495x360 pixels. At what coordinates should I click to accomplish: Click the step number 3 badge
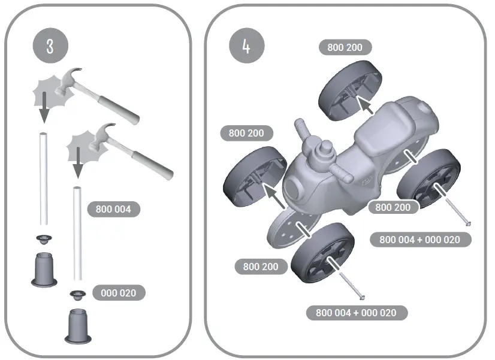click(50, 47)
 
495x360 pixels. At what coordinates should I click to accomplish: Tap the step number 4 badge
click(246, 47)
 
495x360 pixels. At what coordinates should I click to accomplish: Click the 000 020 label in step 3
click(118, 293)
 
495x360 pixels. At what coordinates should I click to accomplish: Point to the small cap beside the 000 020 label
click(77, 294)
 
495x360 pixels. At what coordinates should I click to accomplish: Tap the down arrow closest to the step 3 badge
click(44, 108)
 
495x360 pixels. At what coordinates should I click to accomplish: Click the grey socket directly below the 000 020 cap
click(77, 325)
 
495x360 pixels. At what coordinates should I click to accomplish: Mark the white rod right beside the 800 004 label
click(77, 234)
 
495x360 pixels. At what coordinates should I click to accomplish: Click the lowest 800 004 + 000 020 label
click(356, 313)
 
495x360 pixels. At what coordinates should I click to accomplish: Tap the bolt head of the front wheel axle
click(362, 295)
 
